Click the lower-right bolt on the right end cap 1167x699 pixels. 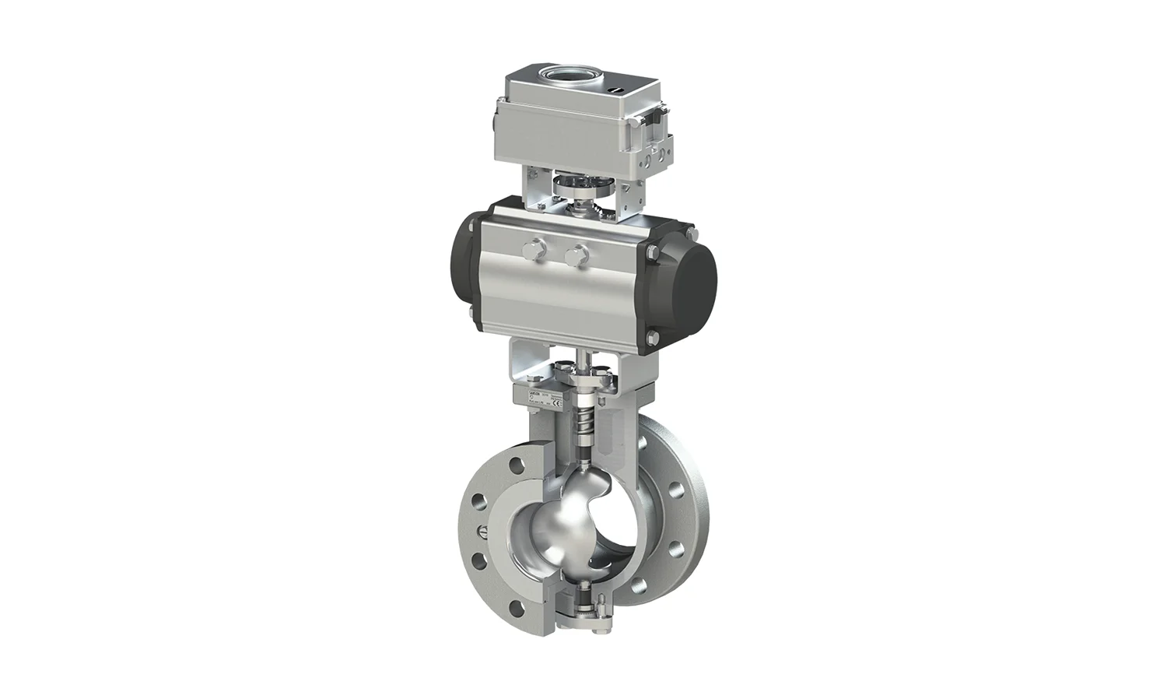tap(651, 337)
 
